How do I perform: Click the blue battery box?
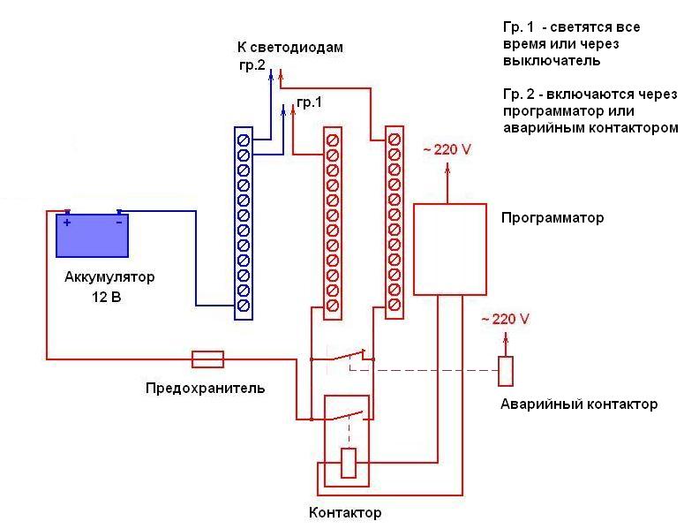click(x=93, y=235)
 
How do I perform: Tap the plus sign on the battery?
click(x=67, y=223)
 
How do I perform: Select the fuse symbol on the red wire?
click(x=207, y=359)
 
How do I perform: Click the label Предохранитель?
click(x=205, y=389)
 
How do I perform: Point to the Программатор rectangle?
click(x=450, y=248)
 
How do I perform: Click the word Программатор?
click(x=552, y=217)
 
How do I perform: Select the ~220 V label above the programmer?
click(x=447, y=149)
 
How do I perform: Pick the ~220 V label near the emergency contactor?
click(x=505, y=318)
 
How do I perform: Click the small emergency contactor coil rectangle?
click(x=505, y=371)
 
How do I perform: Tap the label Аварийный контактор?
click(x=579, y=404)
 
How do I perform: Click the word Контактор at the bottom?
click(x=345, y=512)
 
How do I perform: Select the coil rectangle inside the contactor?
click(x=349, y=463)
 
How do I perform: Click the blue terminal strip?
click(x=244, y=222)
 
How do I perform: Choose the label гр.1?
click(x=309, y=102)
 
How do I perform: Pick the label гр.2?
click(x=252, y=64)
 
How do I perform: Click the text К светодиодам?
click(x=289, y=47)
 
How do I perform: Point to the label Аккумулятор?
click(x=109, y=277)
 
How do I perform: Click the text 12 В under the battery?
click(x=106, y=298)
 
